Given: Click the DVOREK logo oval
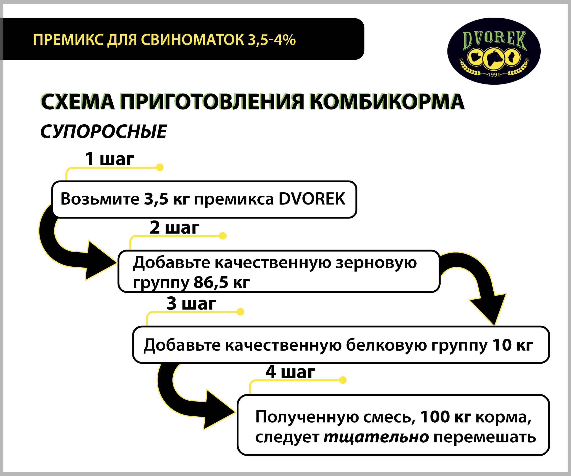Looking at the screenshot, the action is pos(494,51).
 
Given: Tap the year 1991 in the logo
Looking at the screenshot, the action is pos(494,74).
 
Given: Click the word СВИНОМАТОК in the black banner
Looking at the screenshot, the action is pos(193,40).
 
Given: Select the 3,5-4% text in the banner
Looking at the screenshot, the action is pos(272,40).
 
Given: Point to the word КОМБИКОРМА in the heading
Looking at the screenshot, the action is pos(387,102).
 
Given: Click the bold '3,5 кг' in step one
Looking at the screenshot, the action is pos(167,199).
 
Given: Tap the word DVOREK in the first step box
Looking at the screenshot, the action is pos(312,199).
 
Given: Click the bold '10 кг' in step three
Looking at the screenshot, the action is pos(513,345).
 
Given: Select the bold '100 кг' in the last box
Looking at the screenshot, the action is pos(445,417).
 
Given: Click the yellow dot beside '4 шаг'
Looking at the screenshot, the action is pos(343,380).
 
